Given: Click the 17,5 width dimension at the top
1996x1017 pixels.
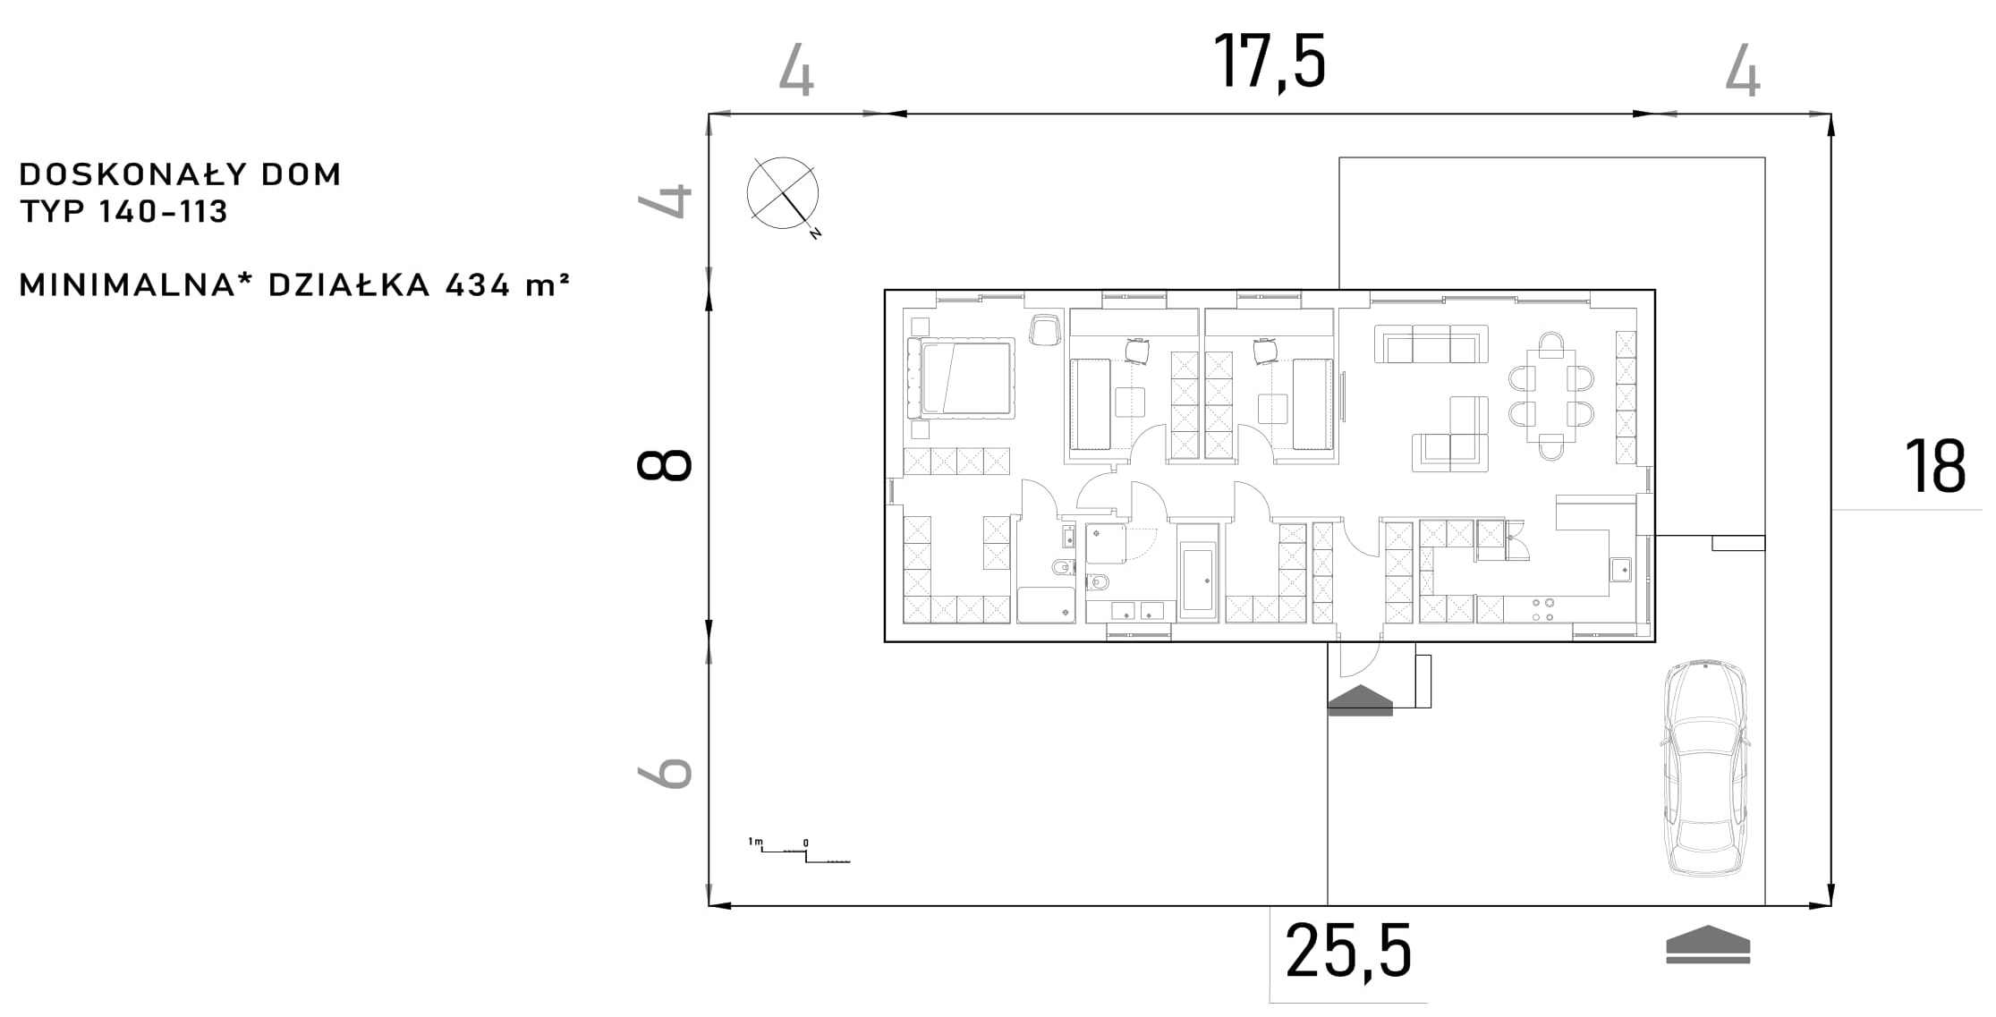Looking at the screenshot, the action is (1269, 61).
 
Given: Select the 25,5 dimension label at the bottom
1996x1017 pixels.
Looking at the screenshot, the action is (1348, 951).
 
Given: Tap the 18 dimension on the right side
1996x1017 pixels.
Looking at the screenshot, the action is (1934, 466).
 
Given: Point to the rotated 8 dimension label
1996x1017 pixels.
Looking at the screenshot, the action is (664, 466).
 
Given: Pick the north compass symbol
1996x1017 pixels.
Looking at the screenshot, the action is (785, 195).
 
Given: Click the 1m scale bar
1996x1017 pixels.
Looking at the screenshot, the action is (799, 851).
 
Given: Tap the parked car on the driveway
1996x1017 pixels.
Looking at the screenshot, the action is (1705, 768).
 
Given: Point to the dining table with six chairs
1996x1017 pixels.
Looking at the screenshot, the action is (1550, 395).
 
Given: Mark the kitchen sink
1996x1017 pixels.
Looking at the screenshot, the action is (1620, 569).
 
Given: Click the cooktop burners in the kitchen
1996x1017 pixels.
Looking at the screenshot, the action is (1543, 609).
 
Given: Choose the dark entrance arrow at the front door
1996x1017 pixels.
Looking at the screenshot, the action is (1360, 700).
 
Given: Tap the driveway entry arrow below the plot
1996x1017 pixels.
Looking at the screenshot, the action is (1708, 945).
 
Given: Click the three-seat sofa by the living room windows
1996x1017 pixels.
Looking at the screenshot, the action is (1431, 344).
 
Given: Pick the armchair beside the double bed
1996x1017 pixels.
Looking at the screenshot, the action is (1044, 329).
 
